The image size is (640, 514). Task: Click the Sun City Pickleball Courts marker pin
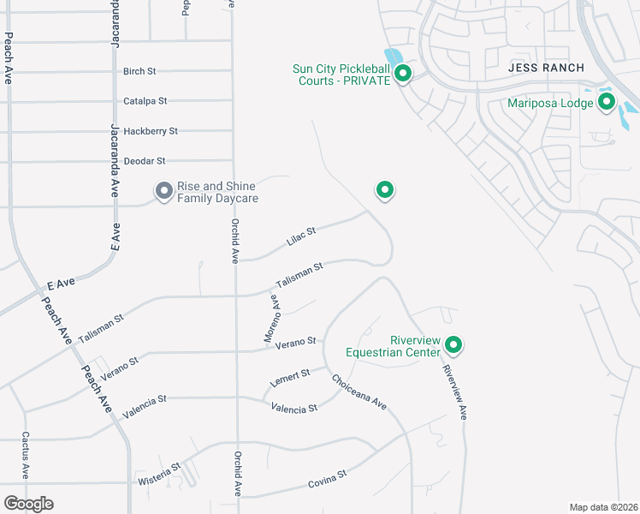pos(402,75)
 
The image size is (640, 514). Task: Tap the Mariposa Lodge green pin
pos(607,104)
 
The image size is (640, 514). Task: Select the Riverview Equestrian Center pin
pos(453,345)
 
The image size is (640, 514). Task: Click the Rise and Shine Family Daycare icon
pos(163,191)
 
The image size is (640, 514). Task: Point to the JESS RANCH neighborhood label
pos(546,68)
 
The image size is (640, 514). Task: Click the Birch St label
pos(140,71)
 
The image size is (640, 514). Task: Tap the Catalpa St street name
pos(145,101)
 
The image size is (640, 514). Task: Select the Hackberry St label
pos(151,131)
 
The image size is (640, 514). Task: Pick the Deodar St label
pos(144,161)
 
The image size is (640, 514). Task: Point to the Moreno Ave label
pos(271,319)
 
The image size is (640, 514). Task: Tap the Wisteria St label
pos(160,475)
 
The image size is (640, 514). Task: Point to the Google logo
pos(28,504)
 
